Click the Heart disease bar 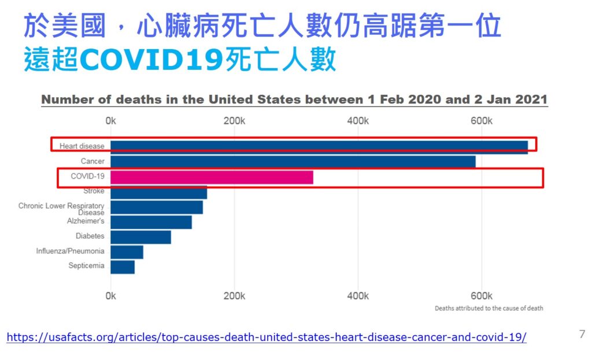(x=319, y=147)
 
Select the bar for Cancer (x=293, y=162)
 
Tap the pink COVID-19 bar (x=212, y=177)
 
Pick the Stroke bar (x=158, y=192)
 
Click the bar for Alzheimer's (x=151, y=222)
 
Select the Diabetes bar (x=140, y=237)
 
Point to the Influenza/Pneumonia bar (x=127, y=252)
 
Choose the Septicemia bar (x=123, y=267)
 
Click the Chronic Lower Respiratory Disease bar (x=157, y=207)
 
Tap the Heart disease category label (x=82, y=147)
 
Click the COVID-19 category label (x=87, y=176)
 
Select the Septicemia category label (x=86, y=266)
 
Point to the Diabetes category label (x=90, y=236)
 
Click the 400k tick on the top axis (x=358, y=121)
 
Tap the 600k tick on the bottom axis (x=481, y=296)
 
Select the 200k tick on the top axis (x=234, y=121)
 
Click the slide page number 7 (x=582, y=334)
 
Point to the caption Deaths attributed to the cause (x=489, y=309)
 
